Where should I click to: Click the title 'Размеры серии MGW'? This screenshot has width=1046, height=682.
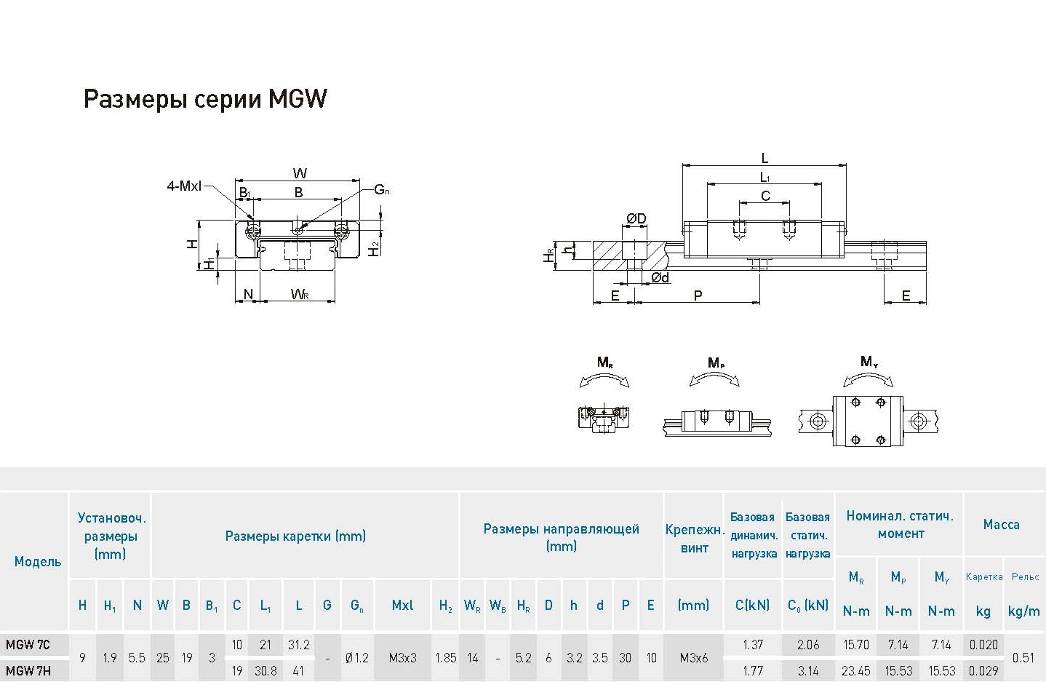click(x=205, y=99)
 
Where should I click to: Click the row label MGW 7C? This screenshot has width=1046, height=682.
click(x=28, y=645)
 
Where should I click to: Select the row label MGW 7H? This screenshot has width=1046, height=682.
click(x=28, y=670)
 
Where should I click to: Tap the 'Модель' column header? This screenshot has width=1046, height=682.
click(x=38, y=561)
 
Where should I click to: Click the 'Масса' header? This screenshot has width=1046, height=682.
click(x=1001, y=524)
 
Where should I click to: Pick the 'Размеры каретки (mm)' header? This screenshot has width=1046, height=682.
click(x=295, y=536)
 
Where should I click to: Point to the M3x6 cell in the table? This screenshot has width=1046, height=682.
click(x=693, y=658)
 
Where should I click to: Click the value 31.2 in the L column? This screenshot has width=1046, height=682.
click(x=298, y=645)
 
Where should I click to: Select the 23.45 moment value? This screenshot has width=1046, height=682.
click(x=856, y=670)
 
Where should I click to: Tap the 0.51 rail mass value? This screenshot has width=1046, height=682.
click(x=1023, y=658)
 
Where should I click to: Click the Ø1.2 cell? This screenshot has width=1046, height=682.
click(x=356, y=658)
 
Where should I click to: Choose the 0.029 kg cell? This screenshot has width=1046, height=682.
click(x=983, y=670)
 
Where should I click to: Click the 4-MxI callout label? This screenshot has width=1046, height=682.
click(x=184, y=186)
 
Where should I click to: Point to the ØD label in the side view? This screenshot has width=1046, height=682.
click(x=636, y=218)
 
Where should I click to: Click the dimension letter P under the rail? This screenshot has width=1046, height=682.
click(x=698, y=296)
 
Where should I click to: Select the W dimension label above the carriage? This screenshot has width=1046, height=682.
click(x=300, y=173)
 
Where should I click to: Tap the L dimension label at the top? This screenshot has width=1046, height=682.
click(x=764, y=158)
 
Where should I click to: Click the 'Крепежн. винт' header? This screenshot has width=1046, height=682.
click(x=694, y=539)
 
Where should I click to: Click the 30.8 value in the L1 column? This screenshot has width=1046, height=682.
click(x=266, y=670)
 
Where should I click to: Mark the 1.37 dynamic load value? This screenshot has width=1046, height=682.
click(x=753, y=645)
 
